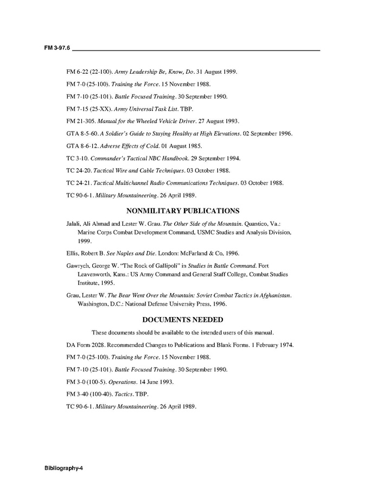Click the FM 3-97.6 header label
(57, 48)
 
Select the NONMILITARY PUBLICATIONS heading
(183, 211)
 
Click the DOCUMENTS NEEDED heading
(183, 320)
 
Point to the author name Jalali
(75, 223)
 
